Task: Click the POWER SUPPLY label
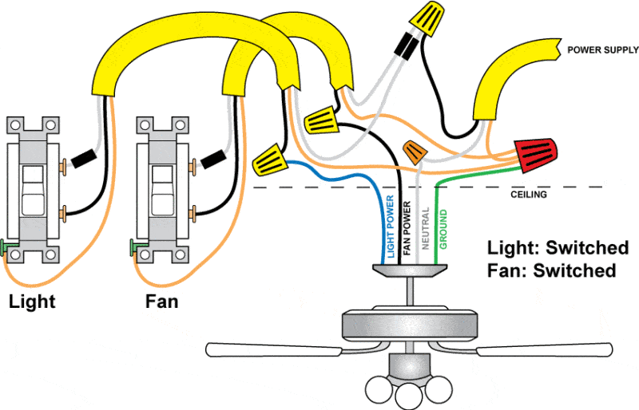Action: coord(602,50)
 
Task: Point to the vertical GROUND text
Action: coord(443,230)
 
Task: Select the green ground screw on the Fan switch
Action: coord(133,246)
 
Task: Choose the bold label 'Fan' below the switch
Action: coord(161,302)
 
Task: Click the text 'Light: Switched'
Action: coord(558,247)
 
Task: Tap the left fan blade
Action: coord(272,349)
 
